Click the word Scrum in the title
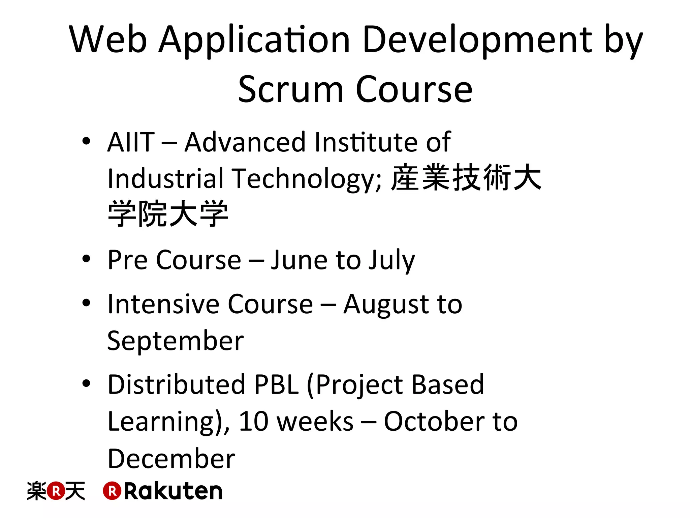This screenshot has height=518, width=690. point(290,90)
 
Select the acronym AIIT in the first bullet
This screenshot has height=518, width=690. point(131,142)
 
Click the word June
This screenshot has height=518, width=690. point(299,260)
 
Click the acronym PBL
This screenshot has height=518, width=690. point(276,384)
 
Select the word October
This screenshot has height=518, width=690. point(433,422)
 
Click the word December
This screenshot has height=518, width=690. point(171,459)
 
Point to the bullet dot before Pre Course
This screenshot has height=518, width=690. point(86,259)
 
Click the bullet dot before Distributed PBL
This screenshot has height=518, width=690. point(86,383)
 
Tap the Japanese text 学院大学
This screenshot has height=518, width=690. point(168,214)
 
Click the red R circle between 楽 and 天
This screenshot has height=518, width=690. point(56,491)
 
